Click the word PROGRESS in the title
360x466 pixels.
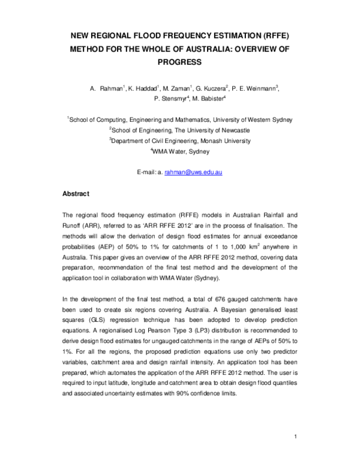(179, 61)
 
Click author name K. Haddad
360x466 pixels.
(143, 89)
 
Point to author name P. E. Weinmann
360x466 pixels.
(255, 89)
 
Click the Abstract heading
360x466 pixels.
(76, 194)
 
